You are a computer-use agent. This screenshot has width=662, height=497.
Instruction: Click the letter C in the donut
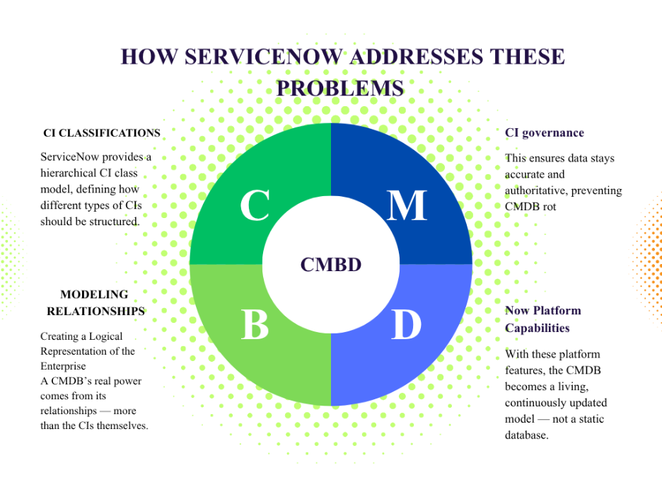click(x=255, y=205)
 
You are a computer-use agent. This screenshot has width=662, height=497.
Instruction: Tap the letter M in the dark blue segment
click(x=407, y=205)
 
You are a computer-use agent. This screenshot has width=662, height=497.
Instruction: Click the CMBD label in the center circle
click(x=331, y=265)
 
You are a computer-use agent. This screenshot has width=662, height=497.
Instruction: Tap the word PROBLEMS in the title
click(x=339, y=88)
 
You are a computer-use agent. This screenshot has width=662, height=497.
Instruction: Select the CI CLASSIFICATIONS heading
click(x=102, y=133)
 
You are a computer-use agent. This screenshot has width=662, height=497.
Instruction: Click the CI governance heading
click(x=545, y=132)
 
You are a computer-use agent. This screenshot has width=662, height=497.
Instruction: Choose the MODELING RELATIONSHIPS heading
click(x=95, y=302)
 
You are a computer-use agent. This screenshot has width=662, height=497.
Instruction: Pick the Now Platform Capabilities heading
click(x=543, y=319)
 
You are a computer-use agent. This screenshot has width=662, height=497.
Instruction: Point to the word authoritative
click(x=536, y=190)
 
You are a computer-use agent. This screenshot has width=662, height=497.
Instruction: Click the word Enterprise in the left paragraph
click(x=64, y=366)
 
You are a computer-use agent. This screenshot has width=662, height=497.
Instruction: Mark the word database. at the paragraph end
click(x=527, y=435)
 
